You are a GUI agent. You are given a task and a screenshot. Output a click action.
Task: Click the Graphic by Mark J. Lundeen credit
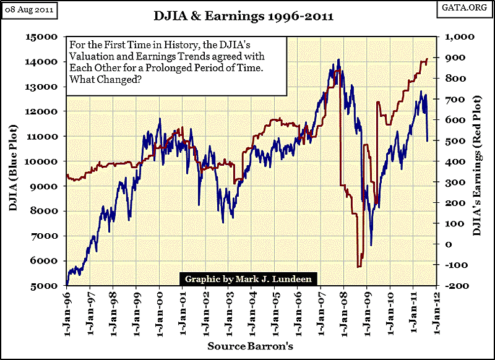pyautogui.click(x=248, y=279)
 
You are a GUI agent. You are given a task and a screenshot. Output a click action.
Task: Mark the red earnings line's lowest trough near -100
pyautogui.click(x=359, y=267)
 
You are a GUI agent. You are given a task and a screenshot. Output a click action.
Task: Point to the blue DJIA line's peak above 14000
pyautogui.click(x=338, y=60)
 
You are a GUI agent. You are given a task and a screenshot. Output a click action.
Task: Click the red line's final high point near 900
pyautogui.click(x=427, y=59)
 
